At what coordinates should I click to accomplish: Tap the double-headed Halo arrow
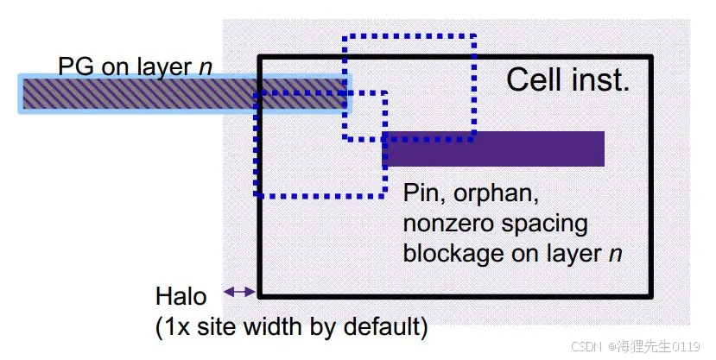point(239,293)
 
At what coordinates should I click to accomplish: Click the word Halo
point(181,297)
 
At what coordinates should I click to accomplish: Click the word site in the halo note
point(216,327)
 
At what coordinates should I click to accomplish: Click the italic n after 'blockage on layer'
point(617,254)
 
